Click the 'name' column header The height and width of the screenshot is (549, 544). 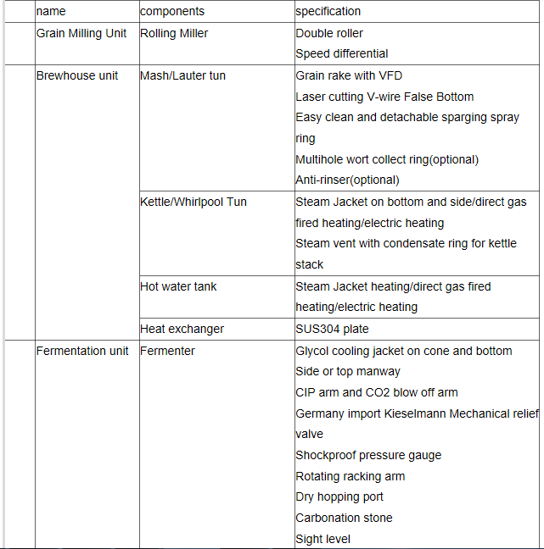click(51, 12)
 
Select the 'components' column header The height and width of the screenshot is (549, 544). click(172, 12)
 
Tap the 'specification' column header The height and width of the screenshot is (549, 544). click(328, 12)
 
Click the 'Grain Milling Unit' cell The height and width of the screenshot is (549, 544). click(81, 33)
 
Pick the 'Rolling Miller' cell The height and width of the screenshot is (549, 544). click(174, 33)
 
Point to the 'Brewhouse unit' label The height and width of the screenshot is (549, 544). click(77, 75)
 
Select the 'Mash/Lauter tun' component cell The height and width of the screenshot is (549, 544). click(182, 75)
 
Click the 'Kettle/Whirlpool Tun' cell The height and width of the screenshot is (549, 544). click(193, 202)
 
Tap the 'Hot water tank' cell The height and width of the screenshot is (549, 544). click(178, 286)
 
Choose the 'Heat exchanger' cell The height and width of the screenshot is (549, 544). click(182, 329)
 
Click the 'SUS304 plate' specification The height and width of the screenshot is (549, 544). click(332, 329)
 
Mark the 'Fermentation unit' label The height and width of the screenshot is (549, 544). click(82, 351)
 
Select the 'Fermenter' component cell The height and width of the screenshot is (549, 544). click(167, 351)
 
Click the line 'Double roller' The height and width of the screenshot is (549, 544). click(329, 33)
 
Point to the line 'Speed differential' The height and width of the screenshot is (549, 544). click(342, 53)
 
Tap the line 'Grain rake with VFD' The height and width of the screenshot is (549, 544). click(349, 75)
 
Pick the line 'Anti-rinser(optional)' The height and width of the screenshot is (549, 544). click(347, 180)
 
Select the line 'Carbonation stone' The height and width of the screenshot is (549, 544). click(344, 518)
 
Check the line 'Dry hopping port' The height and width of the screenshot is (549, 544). click(339, 496)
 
